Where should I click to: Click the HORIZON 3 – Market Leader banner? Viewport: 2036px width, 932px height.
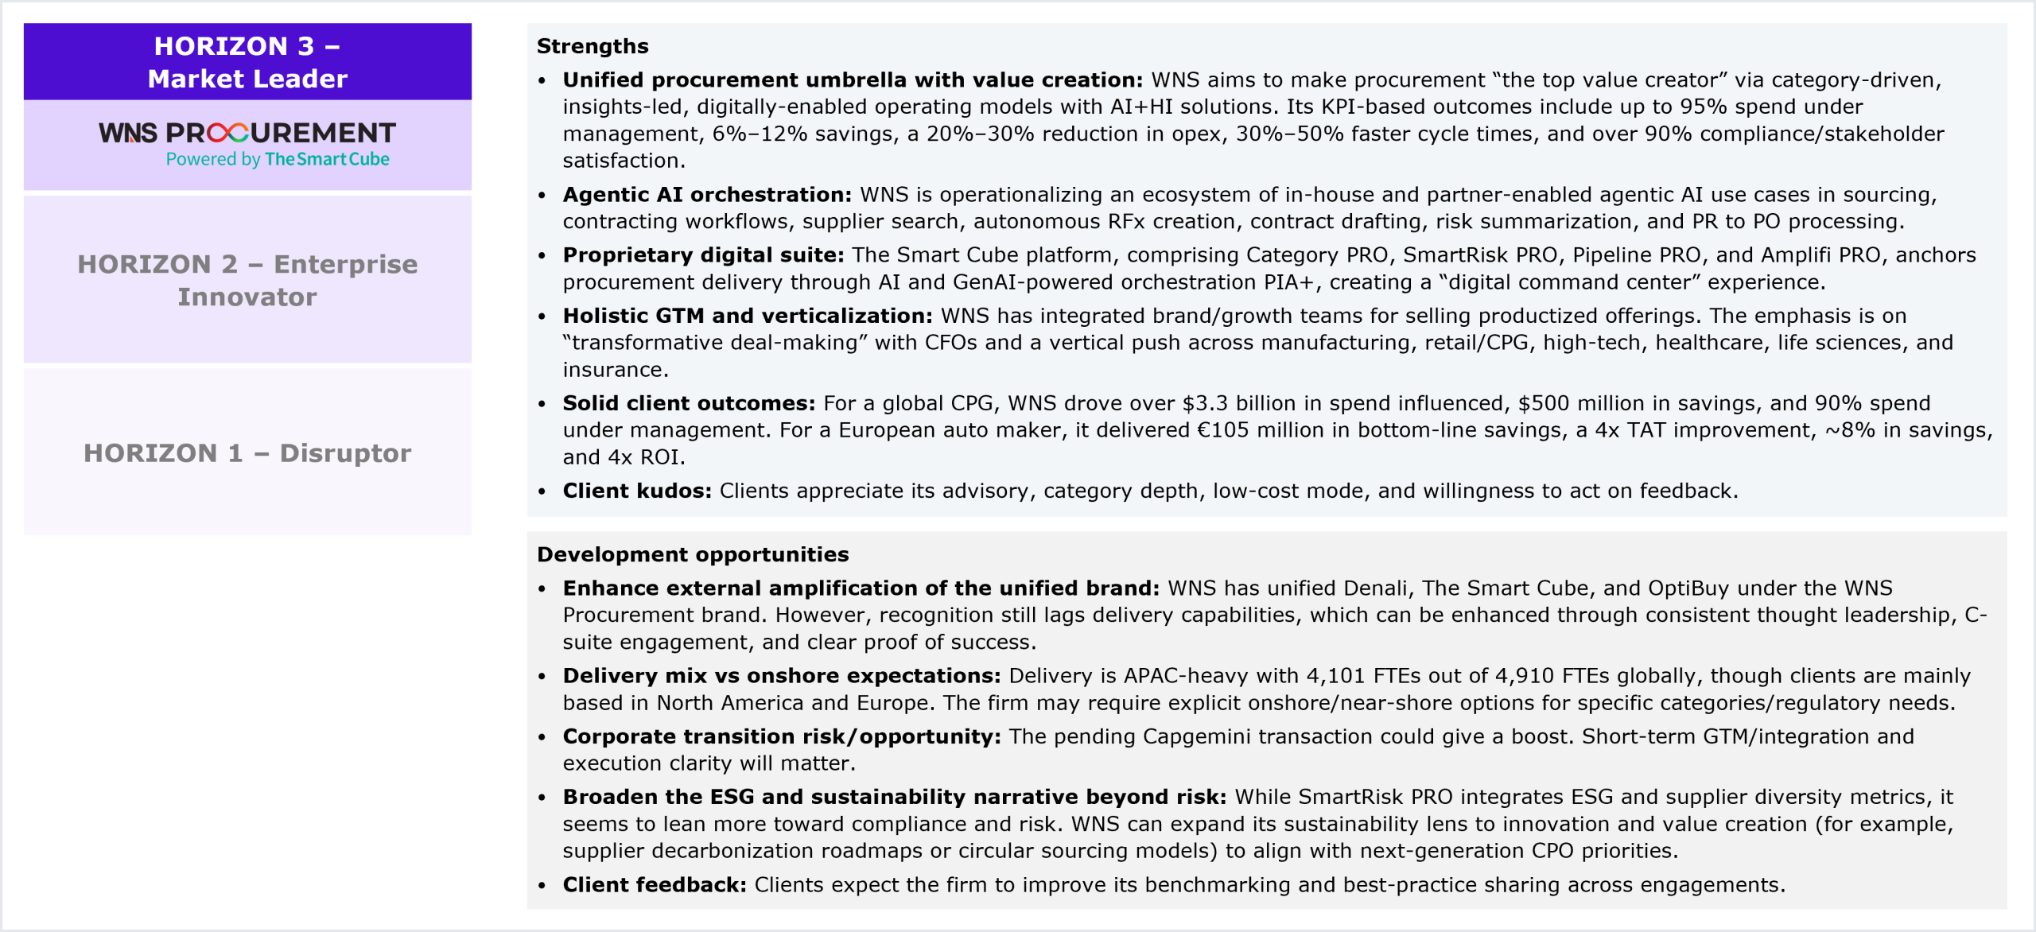click(x=247, y=62)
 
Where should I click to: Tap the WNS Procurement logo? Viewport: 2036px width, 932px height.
click(x=247, y=133)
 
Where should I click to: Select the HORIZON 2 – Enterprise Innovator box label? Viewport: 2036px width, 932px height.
click(x=247, y=280)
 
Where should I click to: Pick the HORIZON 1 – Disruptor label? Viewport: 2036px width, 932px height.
click(x=247, y=452)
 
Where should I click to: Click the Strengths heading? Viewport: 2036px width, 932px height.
click(x=593, y=46)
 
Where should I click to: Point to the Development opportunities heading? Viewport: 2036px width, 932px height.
click(x=693, y=554)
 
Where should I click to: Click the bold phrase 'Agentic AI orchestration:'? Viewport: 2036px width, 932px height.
click(x=707, y=195)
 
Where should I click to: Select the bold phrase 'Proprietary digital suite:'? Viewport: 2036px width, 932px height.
click(x=703, y=255)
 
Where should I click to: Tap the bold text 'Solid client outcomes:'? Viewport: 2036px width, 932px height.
click(x=689, y=403)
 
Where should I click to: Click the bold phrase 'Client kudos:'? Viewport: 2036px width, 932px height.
click(x=637, y=491)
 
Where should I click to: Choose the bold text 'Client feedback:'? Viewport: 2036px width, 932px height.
click(x=655, y=885)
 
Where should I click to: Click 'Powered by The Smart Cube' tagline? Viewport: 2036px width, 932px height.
click(x=278, y=159)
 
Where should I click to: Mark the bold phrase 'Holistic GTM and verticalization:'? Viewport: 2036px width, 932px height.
click(x=748, y=316)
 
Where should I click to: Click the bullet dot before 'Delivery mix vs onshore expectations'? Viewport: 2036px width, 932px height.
click(x=542, y=677)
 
